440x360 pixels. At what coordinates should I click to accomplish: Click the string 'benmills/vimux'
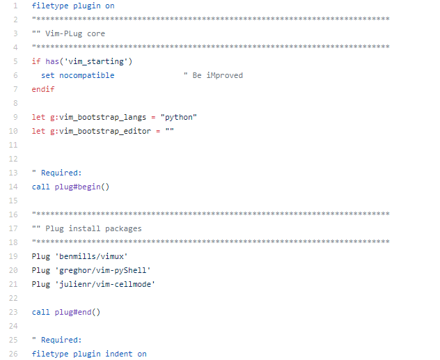pyautogui.click(x=91, y=256)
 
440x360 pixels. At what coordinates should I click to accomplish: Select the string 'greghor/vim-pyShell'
pyautogui.click(x=102, y=270)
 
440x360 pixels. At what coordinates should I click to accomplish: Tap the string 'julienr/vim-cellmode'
pyautogui.click(x=104, y=284)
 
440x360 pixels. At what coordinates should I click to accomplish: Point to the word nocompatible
pyautogui.click(x=86, y=75)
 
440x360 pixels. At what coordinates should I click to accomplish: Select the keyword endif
pyautogui.click(x=43, y=89)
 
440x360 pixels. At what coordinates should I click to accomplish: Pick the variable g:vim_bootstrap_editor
pyautogui.click(x=98, y=131)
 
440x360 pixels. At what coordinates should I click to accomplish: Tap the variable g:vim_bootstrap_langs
pyautogui.click(x=95, y=117)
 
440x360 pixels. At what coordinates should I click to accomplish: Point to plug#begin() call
pyautogui.click(x=82, y=187)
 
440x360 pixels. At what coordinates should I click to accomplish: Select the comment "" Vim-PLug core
pyautogui.click(x=68, y=33)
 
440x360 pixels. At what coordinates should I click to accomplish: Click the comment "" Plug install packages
pyautogui.click(x=86, y=228)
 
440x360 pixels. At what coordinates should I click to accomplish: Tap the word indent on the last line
pyautogui.click(x=118, y=354)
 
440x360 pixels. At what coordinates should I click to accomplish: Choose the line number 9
pyautogui.click(x=15, y=117)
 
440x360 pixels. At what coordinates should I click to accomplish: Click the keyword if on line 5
pyautogui.click(x=36, y=61)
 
